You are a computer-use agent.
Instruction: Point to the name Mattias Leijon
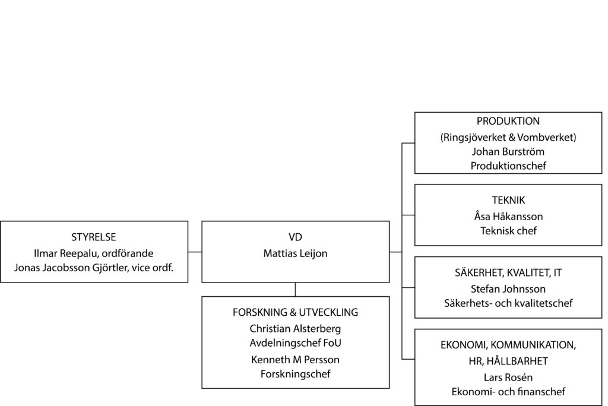(295, 253)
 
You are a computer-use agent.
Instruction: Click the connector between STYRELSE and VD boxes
(195, 252)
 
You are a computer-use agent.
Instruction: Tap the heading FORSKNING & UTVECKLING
(295, 313)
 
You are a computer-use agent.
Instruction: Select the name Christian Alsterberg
(295, 328)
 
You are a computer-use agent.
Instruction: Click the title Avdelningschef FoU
(295, 342)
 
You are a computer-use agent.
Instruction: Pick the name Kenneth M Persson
(295, 360)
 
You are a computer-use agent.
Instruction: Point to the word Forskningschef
(295, 374)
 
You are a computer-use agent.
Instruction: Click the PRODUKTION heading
(508, 121)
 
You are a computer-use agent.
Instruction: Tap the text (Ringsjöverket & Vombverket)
(508, 137)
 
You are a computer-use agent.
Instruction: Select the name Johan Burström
(508, 151)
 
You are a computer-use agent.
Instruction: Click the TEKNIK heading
(508, 201)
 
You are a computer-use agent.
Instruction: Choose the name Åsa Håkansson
(508, 217)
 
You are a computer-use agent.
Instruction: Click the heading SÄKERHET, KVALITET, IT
(508, 273)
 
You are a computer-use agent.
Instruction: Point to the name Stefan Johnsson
(508, 289)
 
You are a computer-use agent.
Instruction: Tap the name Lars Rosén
(508, 377)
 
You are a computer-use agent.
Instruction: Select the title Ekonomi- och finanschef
(508, 392)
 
